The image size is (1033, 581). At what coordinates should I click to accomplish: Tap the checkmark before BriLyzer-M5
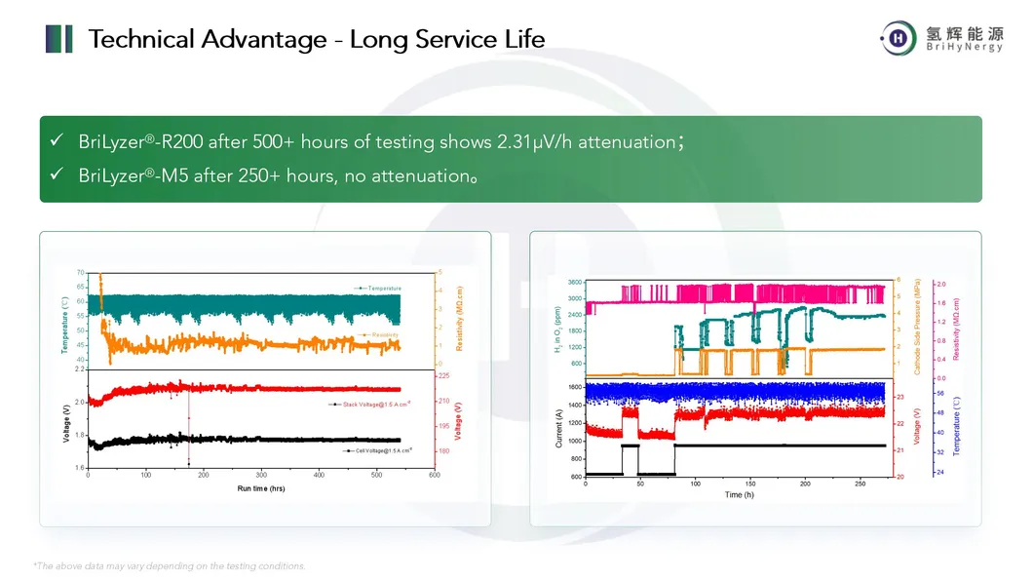(x=57, y=175)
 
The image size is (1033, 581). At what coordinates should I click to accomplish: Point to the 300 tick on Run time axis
(x=261, y=476)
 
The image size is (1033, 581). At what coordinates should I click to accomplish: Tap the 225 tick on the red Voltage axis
(x=443, y=375)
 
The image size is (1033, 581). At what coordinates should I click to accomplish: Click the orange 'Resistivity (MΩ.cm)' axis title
(x=459, y=319)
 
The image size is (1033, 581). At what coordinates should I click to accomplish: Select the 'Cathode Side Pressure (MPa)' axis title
(x=917, y=328)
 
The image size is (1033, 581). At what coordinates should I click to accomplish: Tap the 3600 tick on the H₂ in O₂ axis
(x=574, y=282)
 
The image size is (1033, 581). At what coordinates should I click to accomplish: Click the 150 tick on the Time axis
(x=749, y=484)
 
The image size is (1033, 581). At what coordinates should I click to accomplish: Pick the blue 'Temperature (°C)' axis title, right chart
(x=957, y=427)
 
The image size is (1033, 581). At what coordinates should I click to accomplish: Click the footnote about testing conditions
(x=170, y=565)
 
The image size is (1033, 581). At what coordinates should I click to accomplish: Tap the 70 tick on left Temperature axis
(x=82, y=273)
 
